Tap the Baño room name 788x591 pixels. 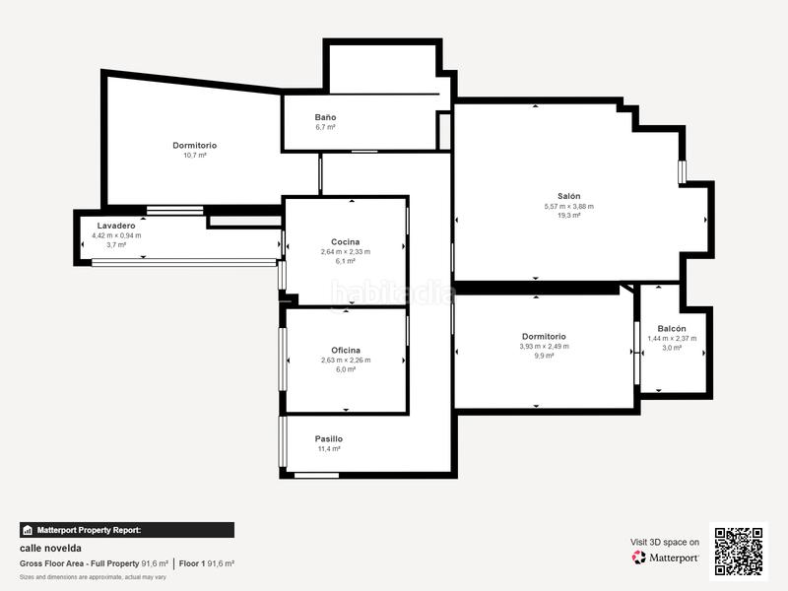point(325,117)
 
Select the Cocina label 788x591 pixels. point(345,241)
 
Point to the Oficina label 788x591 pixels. point(345,350)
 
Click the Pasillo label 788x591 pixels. point(329,438)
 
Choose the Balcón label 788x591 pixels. point(672,328)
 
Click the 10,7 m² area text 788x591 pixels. point(194,156)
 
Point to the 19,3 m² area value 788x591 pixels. point(568,216)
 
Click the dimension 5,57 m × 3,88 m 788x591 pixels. point(568,206)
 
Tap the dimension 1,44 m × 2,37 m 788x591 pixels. point(672,339)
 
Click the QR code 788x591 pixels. point(739,551)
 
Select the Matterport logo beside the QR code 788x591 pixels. point(666,558)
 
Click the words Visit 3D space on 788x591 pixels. point(665,543)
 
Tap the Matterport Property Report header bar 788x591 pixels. point(127,530)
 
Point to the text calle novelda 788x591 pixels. point(50,548)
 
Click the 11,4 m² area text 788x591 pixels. point(329,449)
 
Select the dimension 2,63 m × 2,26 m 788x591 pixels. point(345,361)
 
